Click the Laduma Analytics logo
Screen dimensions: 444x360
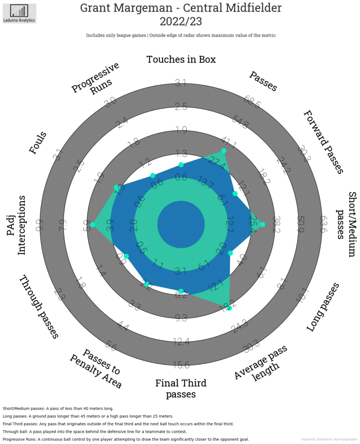[x=19, y=13]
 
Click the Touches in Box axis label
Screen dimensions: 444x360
[x=181, y=59]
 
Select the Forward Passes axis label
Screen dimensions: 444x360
[x=324, y=142]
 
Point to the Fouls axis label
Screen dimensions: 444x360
[x=38, y=143]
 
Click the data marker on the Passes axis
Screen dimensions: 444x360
[x=224, y=151]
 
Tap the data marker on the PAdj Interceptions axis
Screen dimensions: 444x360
[x=92, y=224]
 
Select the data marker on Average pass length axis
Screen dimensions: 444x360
[x=229, y=308]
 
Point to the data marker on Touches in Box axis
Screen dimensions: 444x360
[x=181, y=165]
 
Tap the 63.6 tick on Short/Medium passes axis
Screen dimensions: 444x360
[x=322, y=224]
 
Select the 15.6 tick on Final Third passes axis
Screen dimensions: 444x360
[x=181, y=365]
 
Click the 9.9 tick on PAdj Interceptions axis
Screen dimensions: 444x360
[x=39, y=224]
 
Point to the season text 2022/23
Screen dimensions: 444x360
[x=180, y=22]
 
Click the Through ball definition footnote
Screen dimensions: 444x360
[x=95, y=431]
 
